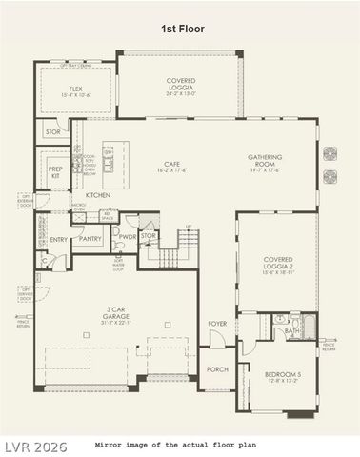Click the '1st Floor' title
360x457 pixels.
tap(181, 29)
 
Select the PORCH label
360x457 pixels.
tap(218, 369)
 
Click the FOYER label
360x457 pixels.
tap(218, 324)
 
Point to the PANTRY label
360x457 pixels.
tap(91, 239)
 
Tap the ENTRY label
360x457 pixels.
tap(59, 239)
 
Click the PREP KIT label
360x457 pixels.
tap(55, 171)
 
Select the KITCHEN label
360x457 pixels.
tap(98, 194)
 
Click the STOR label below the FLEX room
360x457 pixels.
tap(52, 132)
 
